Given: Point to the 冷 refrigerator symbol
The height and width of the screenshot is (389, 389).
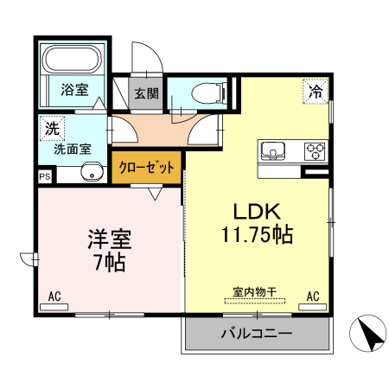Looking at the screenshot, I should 316,89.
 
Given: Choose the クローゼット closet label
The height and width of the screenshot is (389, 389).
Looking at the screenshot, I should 147,168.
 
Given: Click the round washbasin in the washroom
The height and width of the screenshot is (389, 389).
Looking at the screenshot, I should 91,171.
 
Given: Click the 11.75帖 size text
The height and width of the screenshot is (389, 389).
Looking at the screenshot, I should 256,233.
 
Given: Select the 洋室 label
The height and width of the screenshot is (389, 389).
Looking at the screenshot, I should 109,238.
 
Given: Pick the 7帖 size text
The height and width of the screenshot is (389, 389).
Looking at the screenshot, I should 109,261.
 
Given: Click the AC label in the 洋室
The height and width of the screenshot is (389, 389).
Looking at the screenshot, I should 54,297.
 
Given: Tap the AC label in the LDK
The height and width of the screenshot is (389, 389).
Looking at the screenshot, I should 313,297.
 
